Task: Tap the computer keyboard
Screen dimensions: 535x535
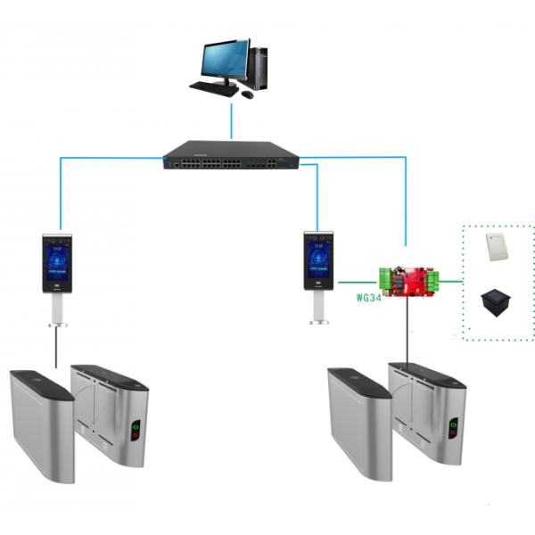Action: point(214,89)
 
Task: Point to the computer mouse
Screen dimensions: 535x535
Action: point(247,95)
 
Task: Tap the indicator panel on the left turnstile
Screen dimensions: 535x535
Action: point(136,430)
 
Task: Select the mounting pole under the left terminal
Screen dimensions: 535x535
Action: point(58,312)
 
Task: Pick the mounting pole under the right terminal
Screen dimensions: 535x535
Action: point(318,308)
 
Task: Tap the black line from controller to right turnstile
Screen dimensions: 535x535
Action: point(409,330)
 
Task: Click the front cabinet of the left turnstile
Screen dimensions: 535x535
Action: point(40,424)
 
